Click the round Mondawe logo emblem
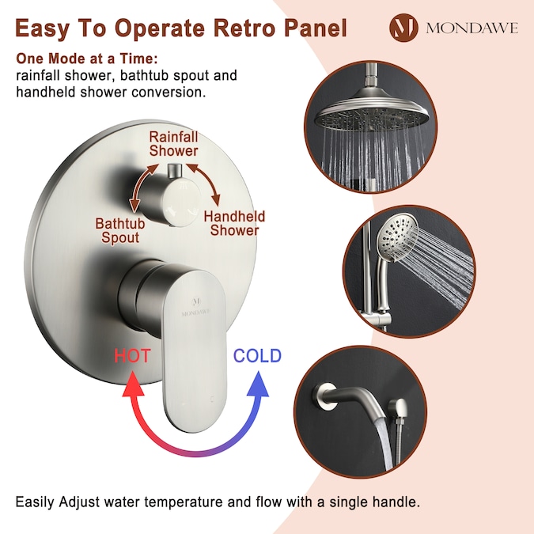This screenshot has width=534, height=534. [403, 28]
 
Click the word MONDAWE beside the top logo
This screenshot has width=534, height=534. [472, 28]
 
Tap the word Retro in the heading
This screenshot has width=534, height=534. [244, 28]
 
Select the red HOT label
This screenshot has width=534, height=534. [132, 355]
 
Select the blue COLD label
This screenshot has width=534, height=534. [257, 355]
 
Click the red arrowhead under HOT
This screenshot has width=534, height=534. [133, 384]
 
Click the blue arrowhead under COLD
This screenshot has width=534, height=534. [258, 384]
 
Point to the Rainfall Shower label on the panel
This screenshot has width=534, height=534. [174, 144]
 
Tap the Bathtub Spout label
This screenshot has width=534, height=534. [120, 230]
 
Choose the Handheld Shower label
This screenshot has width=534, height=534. [234, 223]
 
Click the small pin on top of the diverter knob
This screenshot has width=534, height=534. [176, 171]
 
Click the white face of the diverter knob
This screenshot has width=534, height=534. [181, 203]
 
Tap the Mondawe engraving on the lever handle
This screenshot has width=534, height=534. [196, 307]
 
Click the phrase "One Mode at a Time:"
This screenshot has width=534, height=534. [87, 59]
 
